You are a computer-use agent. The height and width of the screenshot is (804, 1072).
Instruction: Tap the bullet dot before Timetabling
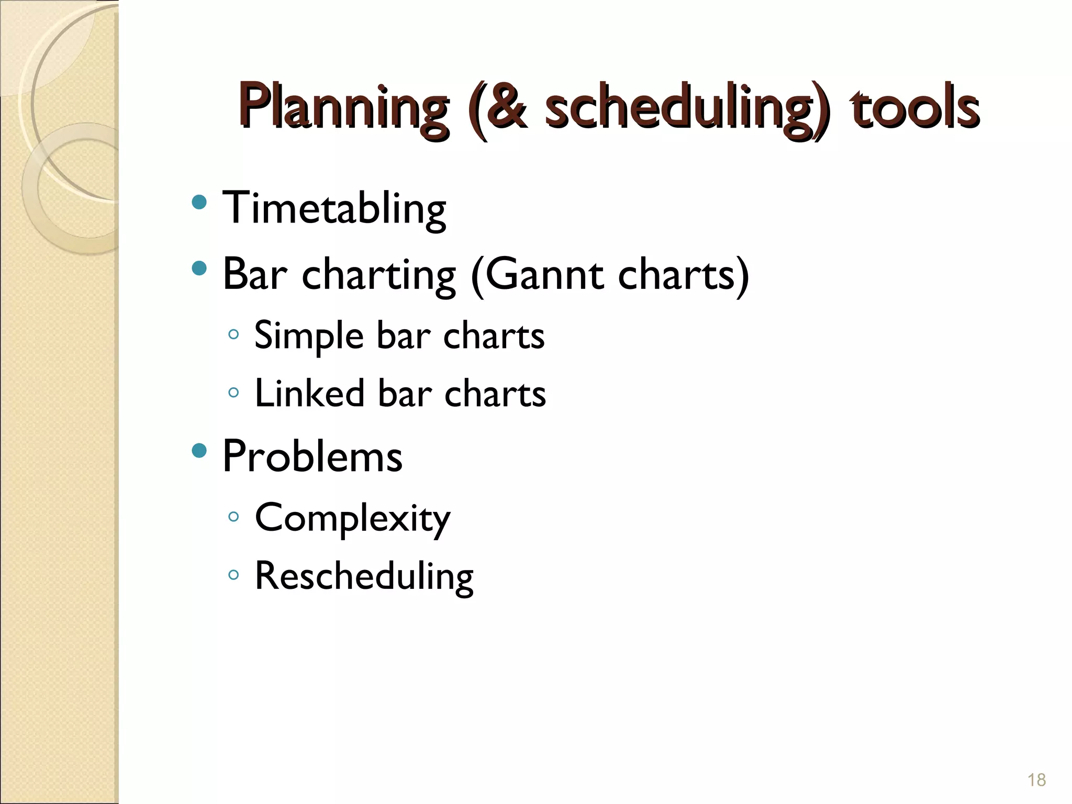pyautogui.click(x=199, y=202)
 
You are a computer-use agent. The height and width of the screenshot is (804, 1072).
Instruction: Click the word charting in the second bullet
pyautogui.click(x=378, y=274)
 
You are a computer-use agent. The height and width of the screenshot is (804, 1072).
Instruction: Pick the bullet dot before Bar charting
pyautogui.click(x=199, y=269)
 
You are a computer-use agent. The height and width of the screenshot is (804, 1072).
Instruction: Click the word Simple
pyautogui.click(x=308, y=336)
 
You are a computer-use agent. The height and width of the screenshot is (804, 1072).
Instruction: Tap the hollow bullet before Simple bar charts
pyautogui.click(x=233, y=334)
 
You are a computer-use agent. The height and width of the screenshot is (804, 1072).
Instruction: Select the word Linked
pyautogui.click(x=309, y=393)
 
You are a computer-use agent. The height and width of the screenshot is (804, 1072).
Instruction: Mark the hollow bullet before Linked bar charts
pyautogui.click(x=233, y=392)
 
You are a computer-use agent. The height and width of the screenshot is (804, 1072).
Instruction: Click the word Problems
pyautogui.click(x=312, y=456)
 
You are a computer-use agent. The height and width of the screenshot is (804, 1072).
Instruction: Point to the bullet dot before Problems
pyautogui.click(x=199, y=450)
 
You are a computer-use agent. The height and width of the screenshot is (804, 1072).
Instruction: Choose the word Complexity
pyautogui.click(x=352, y=518)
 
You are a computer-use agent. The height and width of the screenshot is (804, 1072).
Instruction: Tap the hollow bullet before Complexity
pyautogui.click(x=233, y=517)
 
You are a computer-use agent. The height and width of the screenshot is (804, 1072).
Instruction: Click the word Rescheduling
pyautogui.click(x=364, y=576)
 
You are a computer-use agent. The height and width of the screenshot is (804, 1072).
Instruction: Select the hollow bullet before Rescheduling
pyautogui.click(x=233, y=575)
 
